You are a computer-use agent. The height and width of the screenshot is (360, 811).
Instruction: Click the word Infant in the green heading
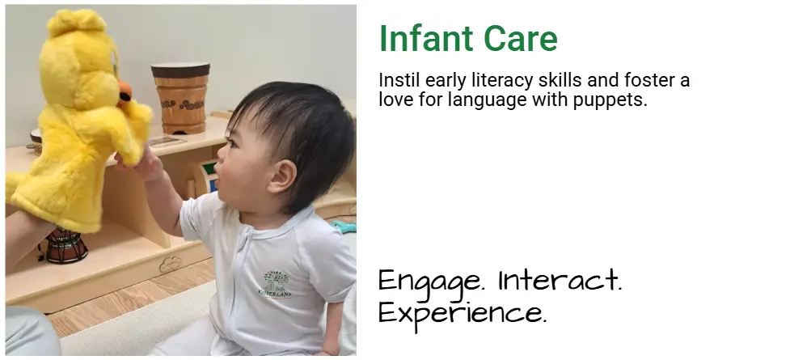pos(425,38)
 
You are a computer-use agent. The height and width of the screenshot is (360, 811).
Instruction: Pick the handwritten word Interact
pos(560,280)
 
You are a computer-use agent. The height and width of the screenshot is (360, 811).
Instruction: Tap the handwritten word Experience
pos(462,313)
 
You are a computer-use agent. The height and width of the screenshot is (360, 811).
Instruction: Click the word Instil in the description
pos(399,81)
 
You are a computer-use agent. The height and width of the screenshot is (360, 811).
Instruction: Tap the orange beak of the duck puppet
pos(125,93)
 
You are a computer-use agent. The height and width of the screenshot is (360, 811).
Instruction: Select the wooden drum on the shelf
pos(181,98)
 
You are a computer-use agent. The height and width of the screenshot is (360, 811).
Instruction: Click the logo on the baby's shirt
pos(275,285)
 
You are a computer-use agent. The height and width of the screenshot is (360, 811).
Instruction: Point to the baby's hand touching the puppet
pos(143,165)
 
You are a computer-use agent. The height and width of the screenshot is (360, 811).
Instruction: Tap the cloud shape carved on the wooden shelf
pos(170,265)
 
